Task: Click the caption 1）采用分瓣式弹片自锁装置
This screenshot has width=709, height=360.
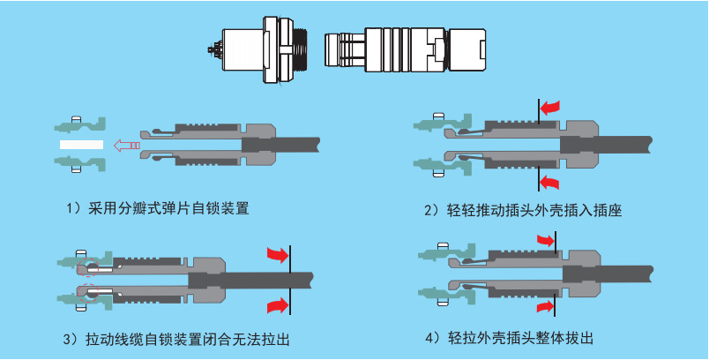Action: (157, 209)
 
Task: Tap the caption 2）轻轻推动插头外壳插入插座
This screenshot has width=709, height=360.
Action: (523, 210)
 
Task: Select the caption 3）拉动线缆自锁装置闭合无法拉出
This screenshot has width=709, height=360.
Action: (179, 339)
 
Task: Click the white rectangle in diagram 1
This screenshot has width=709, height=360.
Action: (81, 145)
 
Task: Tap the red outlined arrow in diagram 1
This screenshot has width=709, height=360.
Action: (127, 146)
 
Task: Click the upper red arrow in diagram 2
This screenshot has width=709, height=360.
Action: (550, 108)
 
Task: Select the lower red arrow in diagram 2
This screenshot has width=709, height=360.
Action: (550, 183)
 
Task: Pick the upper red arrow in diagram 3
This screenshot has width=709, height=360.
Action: (278, 254)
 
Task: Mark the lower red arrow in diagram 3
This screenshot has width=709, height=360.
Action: (278, 305)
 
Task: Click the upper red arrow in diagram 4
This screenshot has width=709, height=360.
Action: (545, 240)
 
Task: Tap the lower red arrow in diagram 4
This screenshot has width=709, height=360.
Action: (545, 308)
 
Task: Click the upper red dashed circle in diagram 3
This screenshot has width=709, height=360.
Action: (87, 267)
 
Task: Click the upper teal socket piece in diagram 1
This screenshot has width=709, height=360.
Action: (80, 124)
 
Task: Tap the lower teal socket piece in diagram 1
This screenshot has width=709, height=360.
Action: (80, 164)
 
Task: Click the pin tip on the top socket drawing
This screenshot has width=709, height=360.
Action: (211, 48)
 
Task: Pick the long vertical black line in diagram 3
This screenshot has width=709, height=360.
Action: (290, 280)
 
